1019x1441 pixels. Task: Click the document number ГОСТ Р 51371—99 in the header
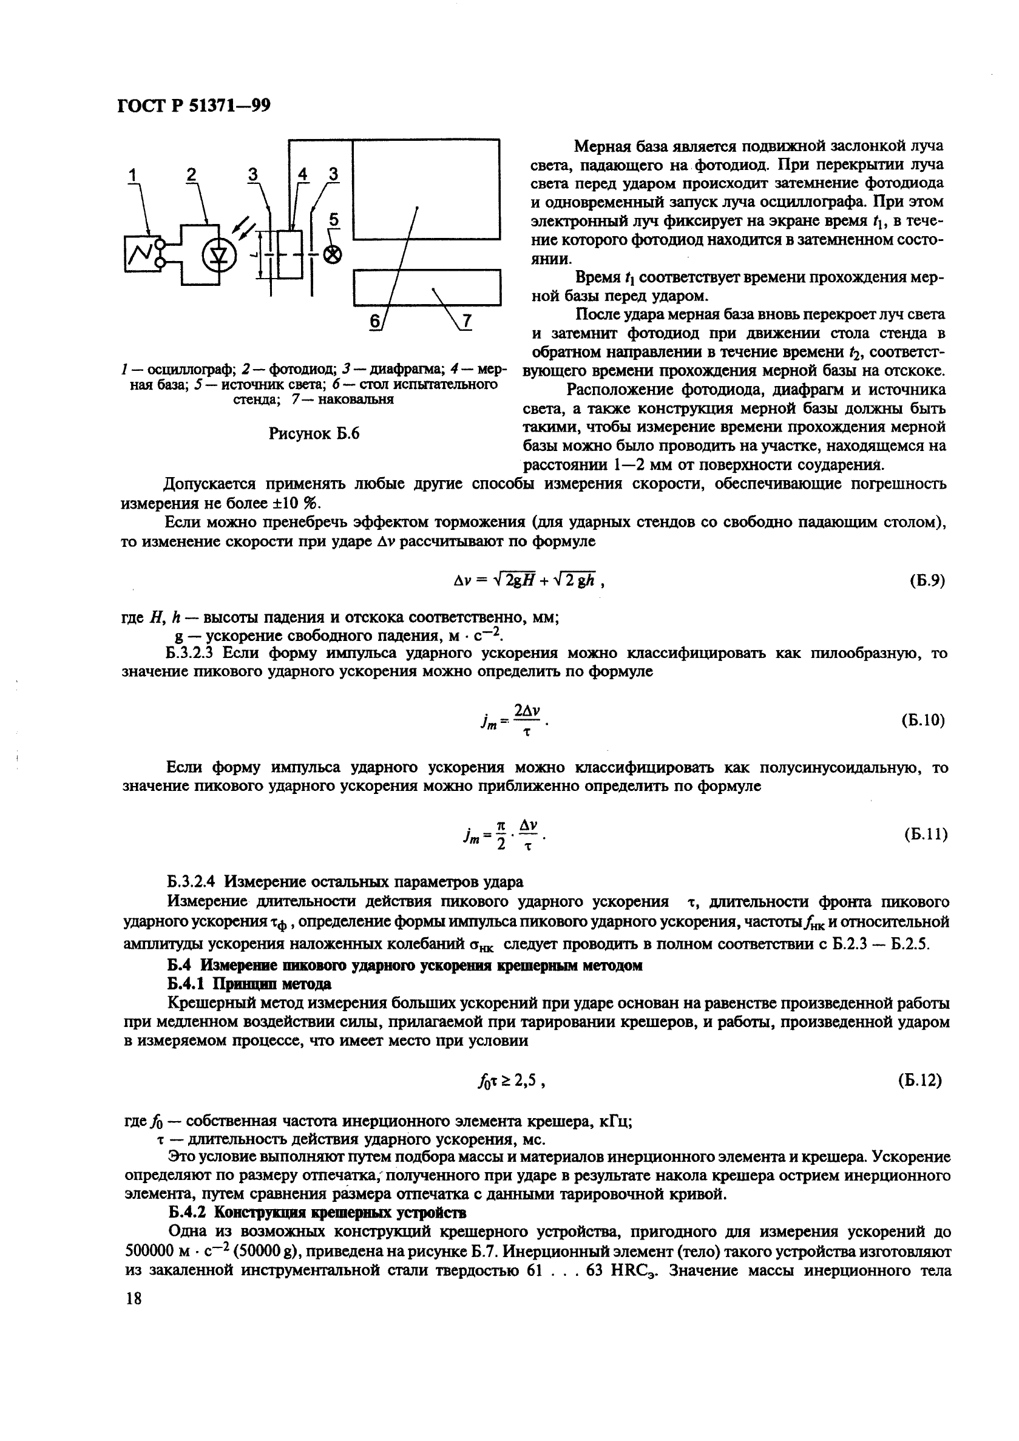pyautogui.click(x=194, y=106)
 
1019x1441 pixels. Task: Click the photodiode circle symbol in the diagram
pyautogui.click(x=219, y=255)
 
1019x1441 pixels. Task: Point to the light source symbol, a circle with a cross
pyautogui.click(x=333, y=254)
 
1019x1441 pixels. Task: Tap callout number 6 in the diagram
pyautogui.click(x=374, y=320)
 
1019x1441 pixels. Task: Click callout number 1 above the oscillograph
pyautogui.click(x=132, y=177)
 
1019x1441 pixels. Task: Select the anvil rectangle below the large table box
pyautogui.click(x=427, y=288)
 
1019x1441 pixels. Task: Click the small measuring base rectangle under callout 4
pyautogui.click(x=289, y=254)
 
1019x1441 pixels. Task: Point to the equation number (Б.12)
pyautogui.click(x=919, y=1080)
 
